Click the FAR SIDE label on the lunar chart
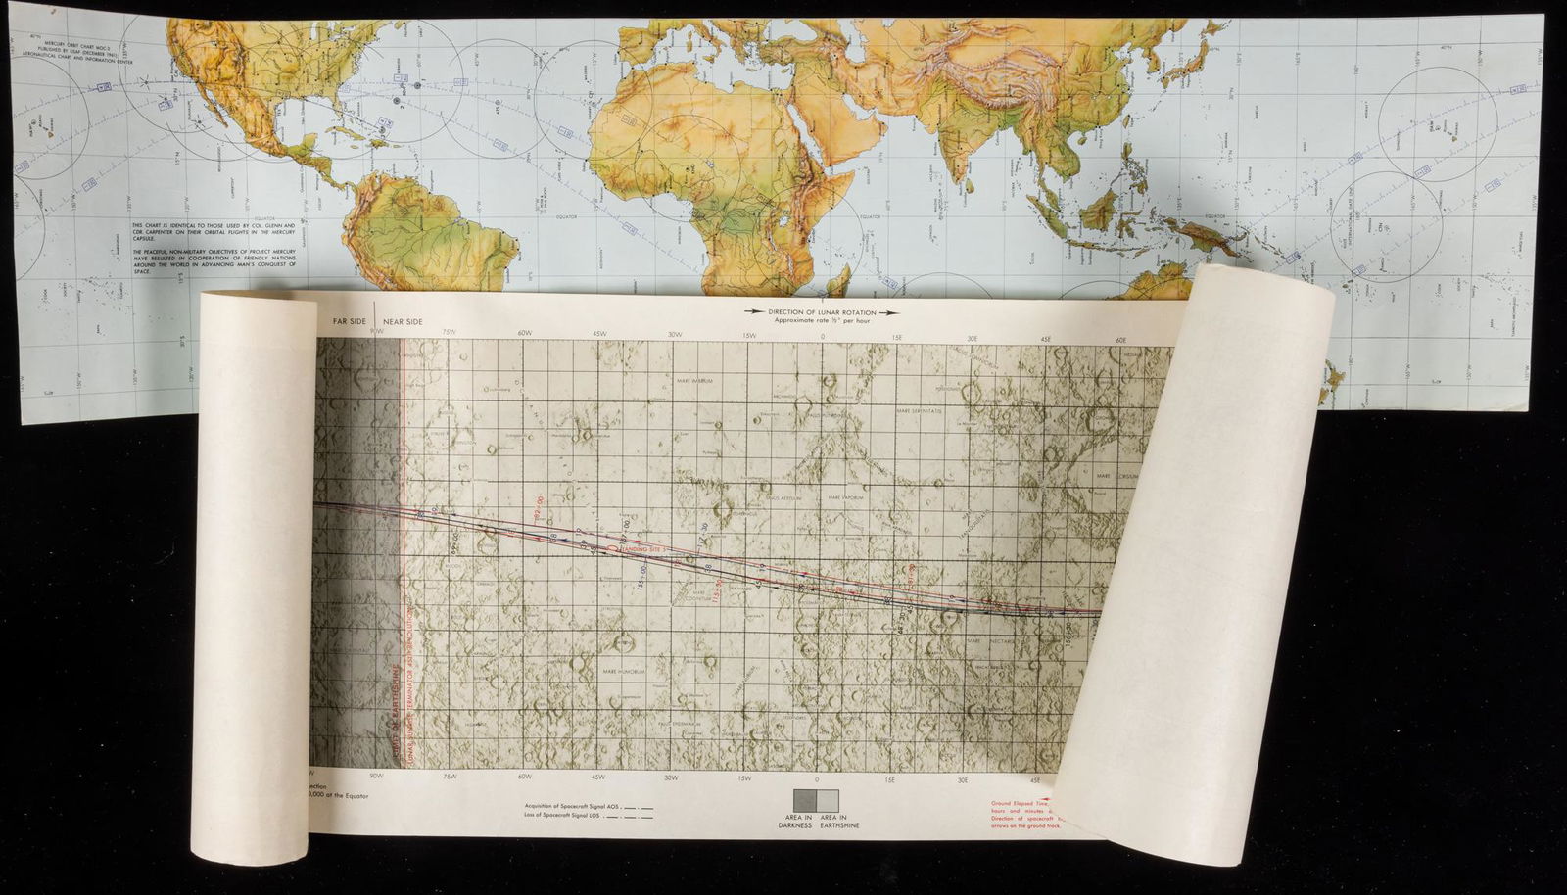pyautogui.click(x=348, y=321)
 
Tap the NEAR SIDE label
pyautogui.click(x=403, y=321)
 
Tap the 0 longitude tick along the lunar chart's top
pyautogui.click(x=823, y=338)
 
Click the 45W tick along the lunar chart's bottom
pyautogui.click(x=597, y=777)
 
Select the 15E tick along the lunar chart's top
pyautogui.click(x=896, y=338)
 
